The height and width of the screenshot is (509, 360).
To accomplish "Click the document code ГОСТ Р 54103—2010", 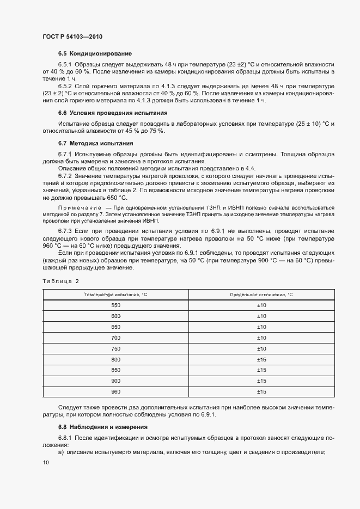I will tap(72, 37).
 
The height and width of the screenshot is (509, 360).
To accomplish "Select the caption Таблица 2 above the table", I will tap(61, 281).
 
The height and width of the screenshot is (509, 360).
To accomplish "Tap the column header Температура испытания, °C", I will tap(115, 295).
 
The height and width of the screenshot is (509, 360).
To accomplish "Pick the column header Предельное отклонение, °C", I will tap(261, 295).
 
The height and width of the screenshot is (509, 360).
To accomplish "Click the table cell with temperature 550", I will tap(115, 305).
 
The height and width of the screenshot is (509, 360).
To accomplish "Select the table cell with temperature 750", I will tap(115, 348).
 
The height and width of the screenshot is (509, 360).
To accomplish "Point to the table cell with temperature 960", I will tap(115, 392).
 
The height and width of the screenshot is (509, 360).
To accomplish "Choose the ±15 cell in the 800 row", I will tap(261, 359).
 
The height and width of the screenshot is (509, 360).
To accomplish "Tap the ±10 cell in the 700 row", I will tap(261, 338).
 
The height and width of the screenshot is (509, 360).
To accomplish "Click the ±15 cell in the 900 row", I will tap(261, 381).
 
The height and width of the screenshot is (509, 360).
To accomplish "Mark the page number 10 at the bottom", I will tap(46, 463).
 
